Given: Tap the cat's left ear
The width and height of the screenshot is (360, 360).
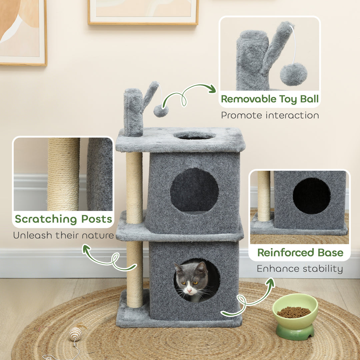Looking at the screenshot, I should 178,268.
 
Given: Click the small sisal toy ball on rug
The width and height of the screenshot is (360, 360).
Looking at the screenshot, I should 75,334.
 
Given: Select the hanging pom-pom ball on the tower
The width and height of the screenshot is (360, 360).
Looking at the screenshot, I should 161,111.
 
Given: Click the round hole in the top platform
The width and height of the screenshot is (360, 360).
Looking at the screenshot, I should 195,136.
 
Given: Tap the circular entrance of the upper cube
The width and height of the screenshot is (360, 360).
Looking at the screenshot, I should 194,190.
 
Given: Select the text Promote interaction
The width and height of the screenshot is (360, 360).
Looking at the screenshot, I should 270,115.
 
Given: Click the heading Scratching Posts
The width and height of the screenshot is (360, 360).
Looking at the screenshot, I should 63,219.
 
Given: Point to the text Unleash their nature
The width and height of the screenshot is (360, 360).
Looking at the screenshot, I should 63,235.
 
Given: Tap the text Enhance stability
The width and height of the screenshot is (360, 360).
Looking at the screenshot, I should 300,268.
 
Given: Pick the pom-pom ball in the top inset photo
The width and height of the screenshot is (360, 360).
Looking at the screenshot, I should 293,74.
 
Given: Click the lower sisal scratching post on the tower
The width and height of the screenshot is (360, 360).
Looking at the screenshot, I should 135,273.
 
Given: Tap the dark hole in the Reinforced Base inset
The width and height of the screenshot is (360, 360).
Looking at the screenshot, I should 312,196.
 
